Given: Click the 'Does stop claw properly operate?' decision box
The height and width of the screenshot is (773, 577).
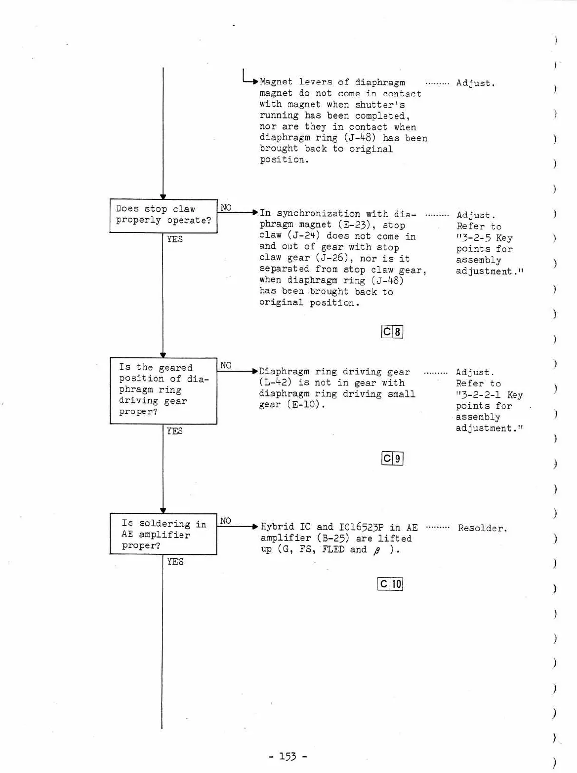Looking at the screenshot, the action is coord(163,216).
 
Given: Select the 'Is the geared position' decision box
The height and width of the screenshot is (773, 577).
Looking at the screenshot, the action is coord(163,390).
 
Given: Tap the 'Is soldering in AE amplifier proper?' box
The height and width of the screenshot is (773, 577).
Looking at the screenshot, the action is coord(163,534).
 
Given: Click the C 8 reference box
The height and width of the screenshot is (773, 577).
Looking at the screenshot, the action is coord(392,332).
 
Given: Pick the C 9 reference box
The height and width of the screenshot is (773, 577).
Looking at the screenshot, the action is coord(392,459).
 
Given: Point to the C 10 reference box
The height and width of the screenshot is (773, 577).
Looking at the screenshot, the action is coord(390,584).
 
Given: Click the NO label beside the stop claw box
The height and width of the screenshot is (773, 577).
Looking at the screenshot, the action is coord(226,208).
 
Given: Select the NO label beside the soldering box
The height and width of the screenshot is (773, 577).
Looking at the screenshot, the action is coord(225,521).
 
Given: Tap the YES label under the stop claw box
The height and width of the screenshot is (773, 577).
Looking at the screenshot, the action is coord(175,239).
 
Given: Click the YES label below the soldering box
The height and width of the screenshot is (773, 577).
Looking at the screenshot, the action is coord(175,562).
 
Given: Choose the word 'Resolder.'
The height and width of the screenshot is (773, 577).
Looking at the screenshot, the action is coord(482,528).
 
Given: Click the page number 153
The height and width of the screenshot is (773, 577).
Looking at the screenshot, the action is coord(288,756).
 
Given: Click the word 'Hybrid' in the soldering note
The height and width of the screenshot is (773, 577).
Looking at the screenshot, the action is coord(277,527).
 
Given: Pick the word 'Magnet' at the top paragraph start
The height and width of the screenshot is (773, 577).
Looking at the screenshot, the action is coord(276,82).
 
